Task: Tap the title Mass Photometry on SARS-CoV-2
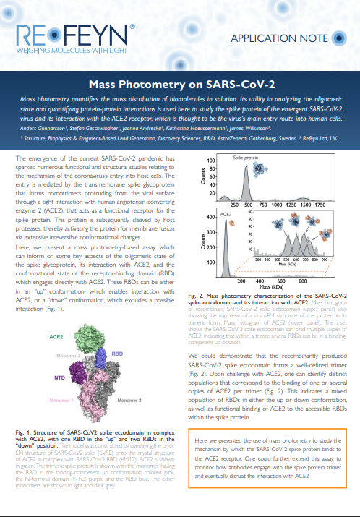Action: tap(180, 84)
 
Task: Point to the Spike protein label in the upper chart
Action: tap(246, 156)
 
